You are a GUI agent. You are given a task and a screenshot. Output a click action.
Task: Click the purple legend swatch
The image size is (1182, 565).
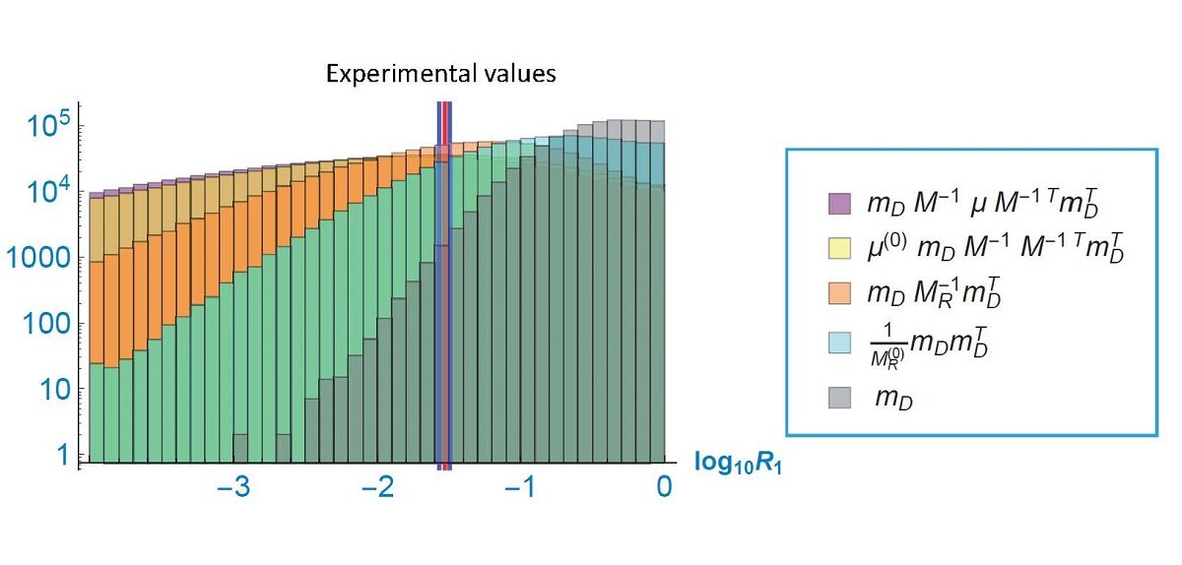[828, 204]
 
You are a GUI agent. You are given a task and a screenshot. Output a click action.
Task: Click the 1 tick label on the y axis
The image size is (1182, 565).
[60, 456]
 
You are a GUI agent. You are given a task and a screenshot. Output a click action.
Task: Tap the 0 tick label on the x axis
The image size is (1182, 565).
[665, 488]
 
